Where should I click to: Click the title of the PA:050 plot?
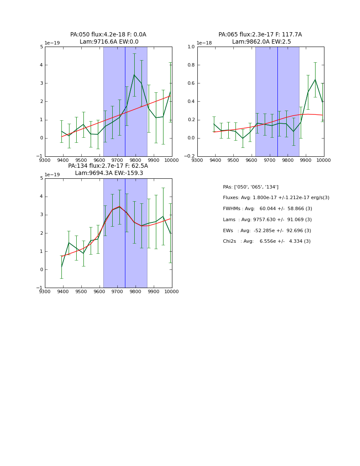(108, 38)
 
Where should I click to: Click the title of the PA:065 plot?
(260, 38)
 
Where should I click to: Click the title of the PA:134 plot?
(108, 169)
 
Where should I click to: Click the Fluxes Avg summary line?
(276, 198)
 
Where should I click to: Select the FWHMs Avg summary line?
(267, 209)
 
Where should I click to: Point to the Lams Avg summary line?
(267, 220)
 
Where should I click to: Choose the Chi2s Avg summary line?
(266, 241)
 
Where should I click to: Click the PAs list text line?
(250, 187)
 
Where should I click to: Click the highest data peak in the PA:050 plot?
(134, 75)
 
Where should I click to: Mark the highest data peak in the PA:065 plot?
(315, 80)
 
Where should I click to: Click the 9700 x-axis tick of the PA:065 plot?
(269, 160)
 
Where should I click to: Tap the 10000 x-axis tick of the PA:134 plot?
(172, 291)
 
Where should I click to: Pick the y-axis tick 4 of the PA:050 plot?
(42, 65)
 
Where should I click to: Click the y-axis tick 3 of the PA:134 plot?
(42, 215)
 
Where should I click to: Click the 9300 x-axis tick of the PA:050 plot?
(45, 160)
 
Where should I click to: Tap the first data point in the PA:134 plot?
(61, 267)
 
